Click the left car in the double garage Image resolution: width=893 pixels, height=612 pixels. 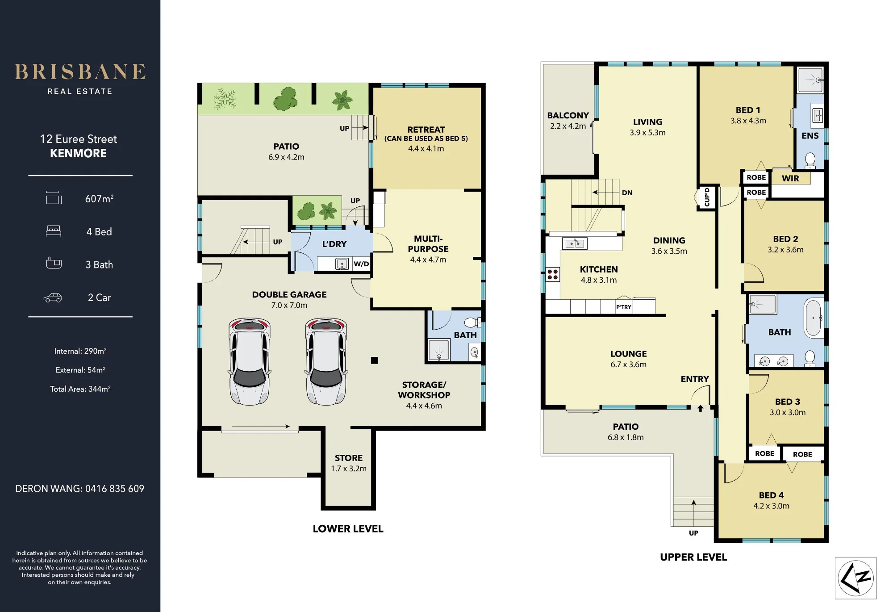point(250,361)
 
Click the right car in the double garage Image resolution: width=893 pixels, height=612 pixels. point(326,361)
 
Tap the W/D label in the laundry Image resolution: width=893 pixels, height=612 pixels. point(361,264)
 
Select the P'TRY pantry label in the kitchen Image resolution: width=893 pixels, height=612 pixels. point(624,307)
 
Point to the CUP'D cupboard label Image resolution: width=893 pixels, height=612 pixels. point(707,197)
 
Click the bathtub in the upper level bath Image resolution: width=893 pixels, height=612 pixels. point(814,318)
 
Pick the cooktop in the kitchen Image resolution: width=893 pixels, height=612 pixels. point(553,274)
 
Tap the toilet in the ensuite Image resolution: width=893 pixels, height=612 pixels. point(810,160)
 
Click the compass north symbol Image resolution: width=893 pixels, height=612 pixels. point(855,578)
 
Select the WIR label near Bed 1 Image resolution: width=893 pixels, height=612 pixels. point(790,178)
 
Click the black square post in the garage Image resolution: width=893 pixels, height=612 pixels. point(375,360)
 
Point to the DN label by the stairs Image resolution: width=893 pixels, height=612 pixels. point(627,193)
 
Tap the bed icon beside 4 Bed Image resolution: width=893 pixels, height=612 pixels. point(54,231)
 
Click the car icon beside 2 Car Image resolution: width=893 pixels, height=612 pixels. point(53,298)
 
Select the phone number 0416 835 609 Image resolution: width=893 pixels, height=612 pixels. point(115,489)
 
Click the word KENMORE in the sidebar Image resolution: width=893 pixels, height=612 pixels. point(78,153)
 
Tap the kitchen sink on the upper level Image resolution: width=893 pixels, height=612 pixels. point(575,243)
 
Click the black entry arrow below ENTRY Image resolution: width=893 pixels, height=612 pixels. point(700,408)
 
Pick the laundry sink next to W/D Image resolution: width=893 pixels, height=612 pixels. point(342,264)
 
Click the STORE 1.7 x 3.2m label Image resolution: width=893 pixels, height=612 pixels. point(349,463)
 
